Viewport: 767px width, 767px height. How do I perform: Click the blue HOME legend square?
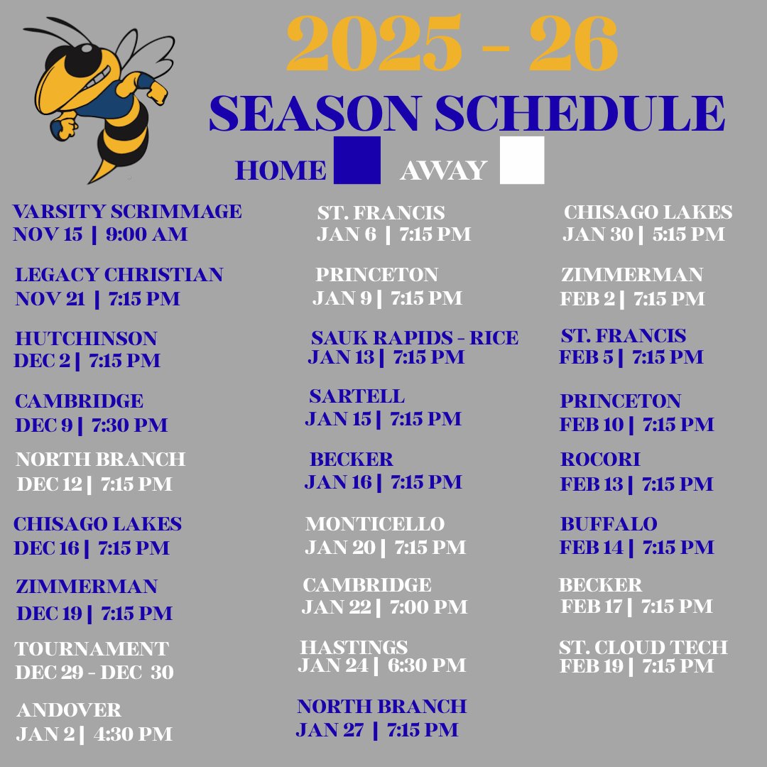(357, 161)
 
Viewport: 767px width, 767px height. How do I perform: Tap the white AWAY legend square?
(522, 161)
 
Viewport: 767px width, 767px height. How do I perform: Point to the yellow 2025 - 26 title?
(452, 44)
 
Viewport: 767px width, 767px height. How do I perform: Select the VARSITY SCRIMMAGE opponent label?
(127, 212)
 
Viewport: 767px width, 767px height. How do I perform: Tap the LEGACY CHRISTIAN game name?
(119, 275)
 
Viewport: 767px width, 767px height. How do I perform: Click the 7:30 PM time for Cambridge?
(129, 425)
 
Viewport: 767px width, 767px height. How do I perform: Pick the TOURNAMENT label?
(92, 649)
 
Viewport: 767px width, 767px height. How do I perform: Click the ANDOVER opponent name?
(68, 710)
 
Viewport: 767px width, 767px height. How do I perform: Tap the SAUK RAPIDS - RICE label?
(415, 338)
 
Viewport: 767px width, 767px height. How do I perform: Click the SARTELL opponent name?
(357, 396)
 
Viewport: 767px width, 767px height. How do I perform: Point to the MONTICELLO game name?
(375, 524)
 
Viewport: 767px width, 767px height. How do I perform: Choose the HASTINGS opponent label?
(354, 648)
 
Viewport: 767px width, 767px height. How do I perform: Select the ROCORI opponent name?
(600, 459)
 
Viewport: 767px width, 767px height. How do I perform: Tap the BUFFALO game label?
(609, 524)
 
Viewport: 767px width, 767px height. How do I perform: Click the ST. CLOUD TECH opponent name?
(643, 648)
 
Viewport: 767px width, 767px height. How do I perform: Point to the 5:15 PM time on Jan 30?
(689, 234)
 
